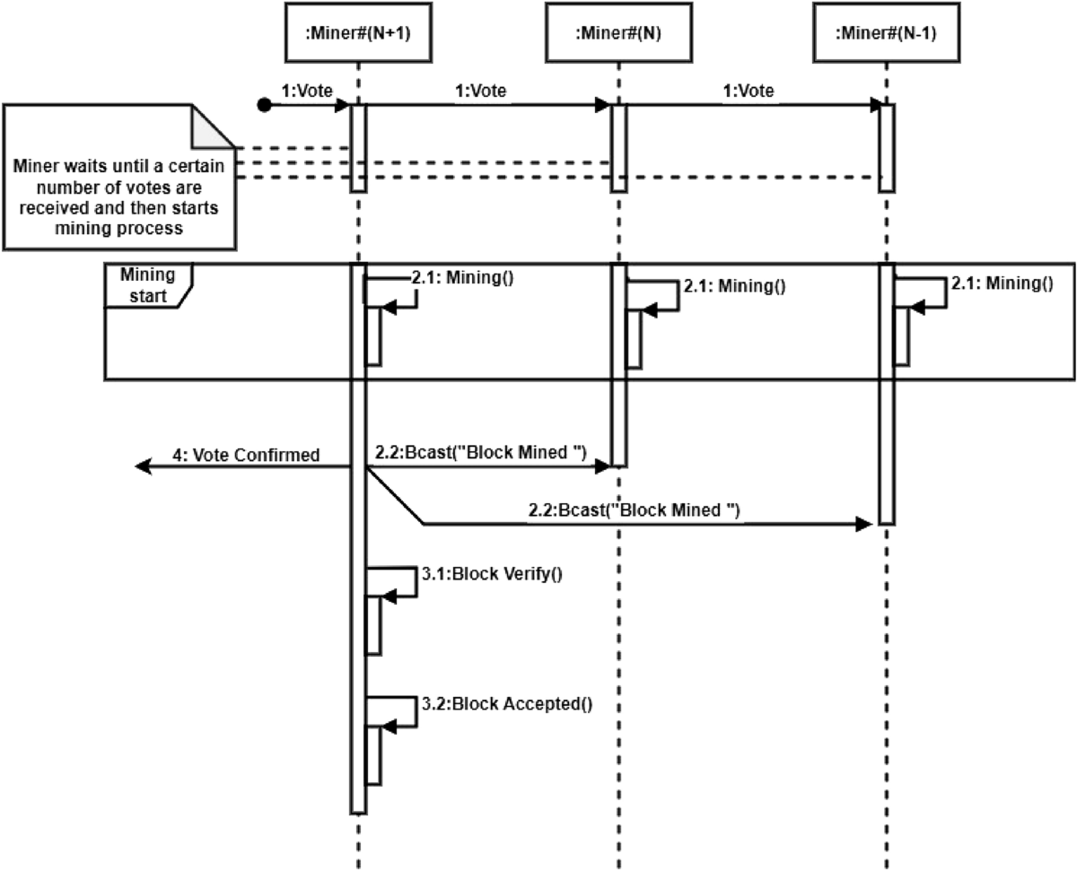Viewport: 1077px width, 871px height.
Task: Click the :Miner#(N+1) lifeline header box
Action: pyautogui.click(x=358, y=33)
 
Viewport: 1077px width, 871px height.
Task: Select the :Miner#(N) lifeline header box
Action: pyautogui.click(x=618, y=33)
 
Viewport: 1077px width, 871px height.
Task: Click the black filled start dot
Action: pyautogui.click(x=264, y=106)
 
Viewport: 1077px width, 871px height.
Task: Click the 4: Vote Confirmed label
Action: pyautogui.click(x=246, y=455)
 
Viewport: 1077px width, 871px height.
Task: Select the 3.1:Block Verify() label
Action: pyautogui.click(x=492, y=574)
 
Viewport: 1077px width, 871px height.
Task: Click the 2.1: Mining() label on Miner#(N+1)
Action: pyautogui.click(x=462, y=277)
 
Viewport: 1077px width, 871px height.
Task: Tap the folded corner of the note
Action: pyautogui.click(x=214, y=126)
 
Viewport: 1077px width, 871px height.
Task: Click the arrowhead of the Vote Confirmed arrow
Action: pyautogui.click(x=142, y=466)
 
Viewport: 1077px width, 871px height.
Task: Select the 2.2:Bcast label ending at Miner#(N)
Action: pyautogui.click(x=479, y=454)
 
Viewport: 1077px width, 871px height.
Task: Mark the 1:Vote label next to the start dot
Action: pyautogui.click(x=302, y=91)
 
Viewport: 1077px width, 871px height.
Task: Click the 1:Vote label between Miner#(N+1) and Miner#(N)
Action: pyautogui.click(x=482, y=91)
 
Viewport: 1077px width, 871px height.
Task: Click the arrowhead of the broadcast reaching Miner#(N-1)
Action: pyautogui.click(x=866, y=523)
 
